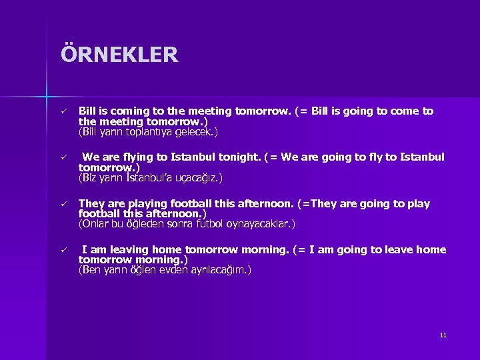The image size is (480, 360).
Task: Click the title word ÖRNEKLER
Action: tap(119, 54)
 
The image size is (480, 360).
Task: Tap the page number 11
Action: tap(443, 335)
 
